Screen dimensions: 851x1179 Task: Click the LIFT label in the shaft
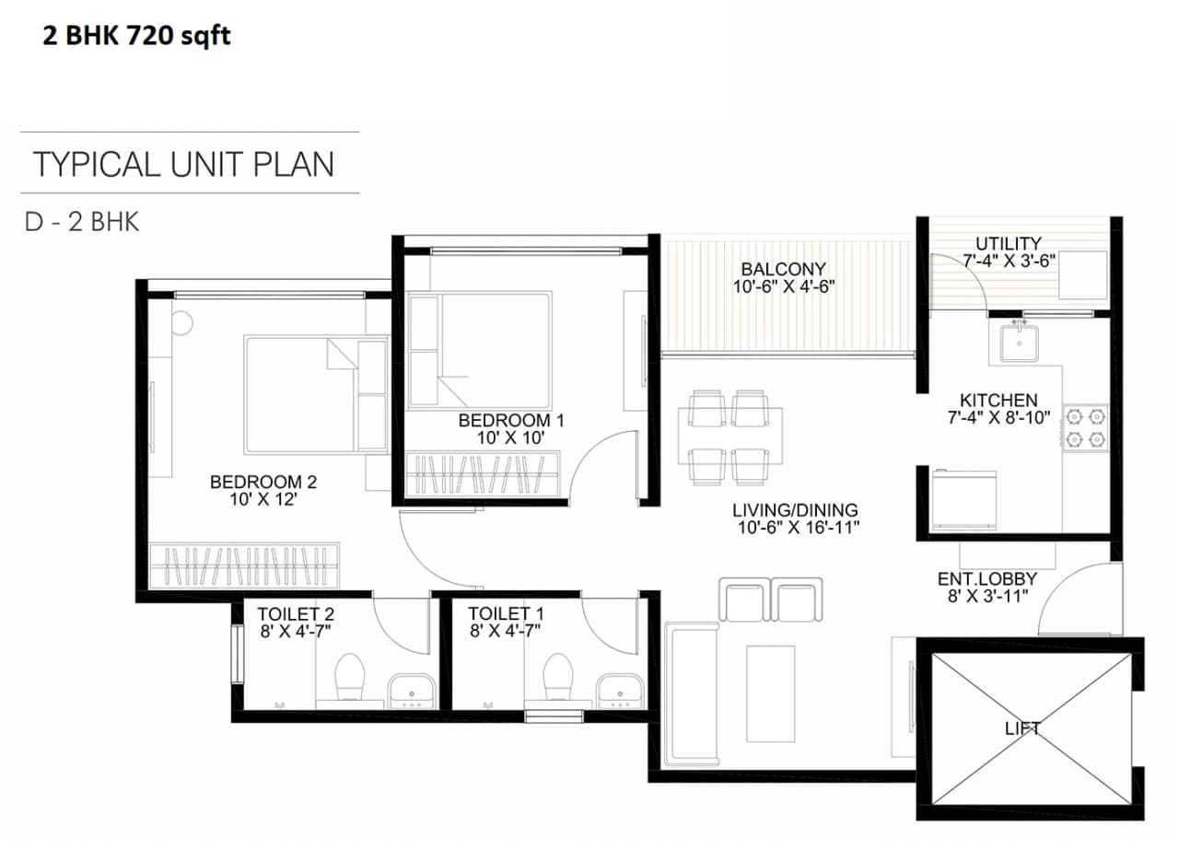pos(1022,728)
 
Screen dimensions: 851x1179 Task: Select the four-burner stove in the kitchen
pos(1085,428)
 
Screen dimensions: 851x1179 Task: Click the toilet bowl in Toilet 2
pos(350,678)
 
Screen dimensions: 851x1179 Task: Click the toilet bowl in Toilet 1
pos(559,679)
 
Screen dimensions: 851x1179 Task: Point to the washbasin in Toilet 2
pos(411,689)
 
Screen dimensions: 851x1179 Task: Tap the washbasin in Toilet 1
pos(620,689)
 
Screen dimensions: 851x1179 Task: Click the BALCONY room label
pos(783,269)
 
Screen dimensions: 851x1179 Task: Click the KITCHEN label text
pos(998,401)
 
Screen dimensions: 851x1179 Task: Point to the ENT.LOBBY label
pos(987,579)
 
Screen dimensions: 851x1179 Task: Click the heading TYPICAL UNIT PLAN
pos(183,164)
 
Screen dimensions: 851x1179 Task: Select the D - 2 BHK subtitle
pos(82,222)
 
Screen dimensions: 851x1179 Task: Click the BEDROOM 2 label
pos(263,482)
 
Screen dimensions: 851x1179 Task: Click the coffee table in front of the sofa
pos(770,693)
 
